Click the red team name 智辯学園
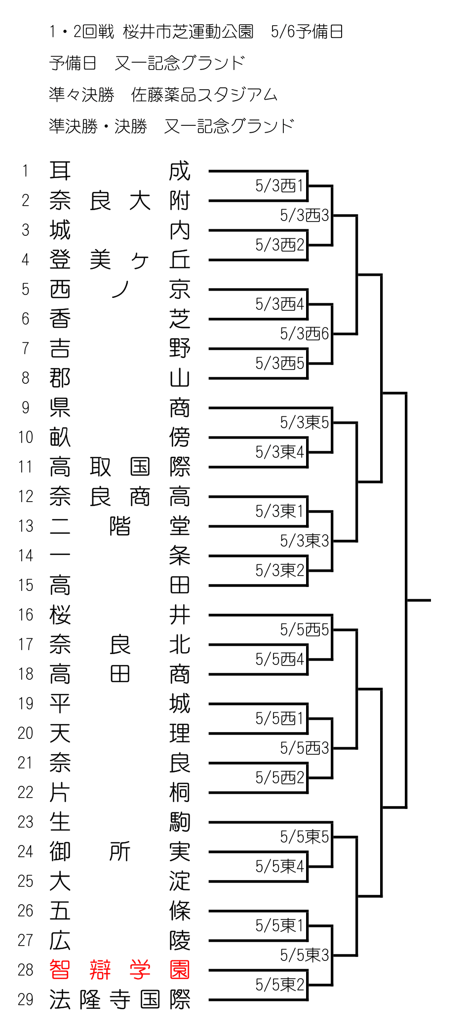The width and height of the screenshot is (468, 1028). click(120, 970)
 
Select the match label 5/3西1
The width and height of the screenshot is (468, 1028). click(279, 185)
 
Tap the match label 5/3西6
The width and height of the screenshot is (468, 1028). click(304, 333)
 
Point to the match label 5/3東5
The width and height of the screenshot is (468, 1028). click(304, 422)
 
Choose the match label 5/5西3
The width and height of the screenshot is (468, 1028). click(304, 748)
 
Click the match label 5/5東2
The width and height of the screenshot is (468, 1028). click(279, 985)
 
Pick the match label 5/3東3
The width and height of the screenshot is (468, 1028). click(304, 541)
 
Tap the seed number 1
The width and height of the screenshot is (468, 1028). click(25, 171)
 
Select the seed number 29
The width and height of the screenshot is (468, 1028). click(25, 999)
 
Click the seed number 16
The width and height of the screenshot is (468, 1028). click(25, 615)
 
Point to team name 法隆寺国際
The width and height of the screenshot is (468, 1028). click(120, 999)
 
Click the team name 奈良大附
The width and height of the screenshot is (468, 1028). click(120, 200)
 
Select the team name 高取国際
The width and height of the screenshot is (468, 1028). click(120, 467)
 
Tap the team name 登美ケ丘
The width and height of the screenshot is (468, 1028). click(120, 259)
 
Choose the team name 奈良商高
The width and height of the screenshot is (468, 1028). click(120, 496)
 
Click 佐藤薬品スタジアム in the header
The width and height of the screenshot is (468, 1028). click(204, 94)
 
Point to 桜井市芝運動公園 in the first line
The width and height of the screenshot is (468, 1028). click(188, 32)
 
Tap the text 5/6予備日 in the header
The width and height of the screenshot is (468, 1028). click(307, 32)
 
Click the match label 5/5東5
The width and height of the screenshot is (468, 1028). click(304, 837)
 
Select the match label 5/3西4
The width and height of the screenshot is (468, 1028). click(279, 304)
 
